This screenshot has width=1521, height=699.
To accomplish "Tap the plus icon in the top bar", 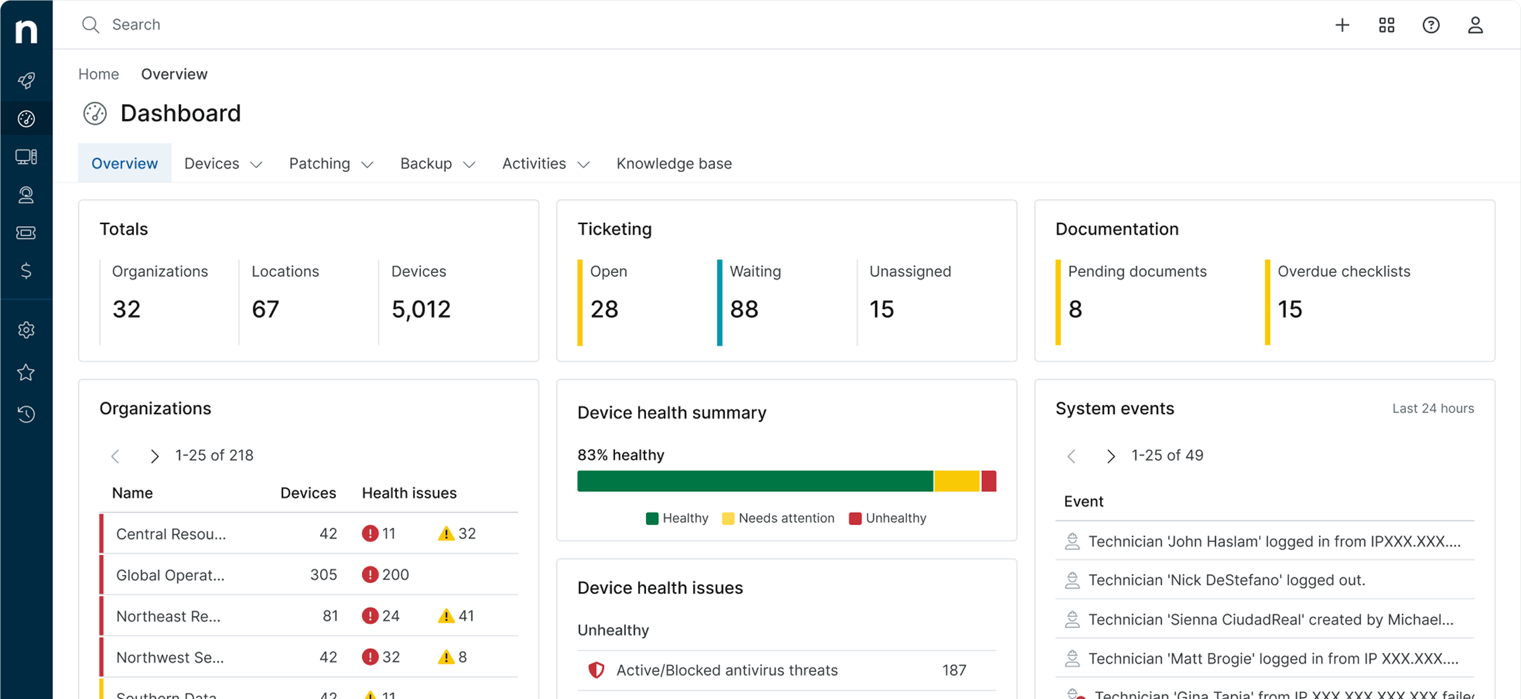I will point(1342,25).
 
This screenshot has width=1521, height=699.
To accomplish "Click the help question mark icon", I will point(1431,25).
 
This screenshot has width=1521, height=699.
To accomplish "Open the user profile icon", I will point(1475,25).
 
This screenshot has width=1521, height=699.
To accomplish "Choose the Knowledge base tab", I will point(673,164).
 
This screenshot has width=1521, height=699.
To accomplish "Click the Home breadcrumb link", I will point(98,74).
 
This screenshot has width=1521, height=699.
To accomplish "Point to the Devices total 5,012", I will point(421,309).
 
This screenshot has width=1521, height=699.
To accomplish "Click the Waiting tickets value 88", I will point(744,309).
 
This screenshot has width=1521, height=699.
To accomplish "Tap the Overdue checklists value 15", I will point(1289,309).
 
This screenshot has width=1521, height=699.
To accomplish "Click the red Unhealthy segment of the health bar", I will point(989,482).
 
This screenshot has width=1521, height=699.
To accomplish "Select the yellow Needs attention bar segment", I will point(957,482).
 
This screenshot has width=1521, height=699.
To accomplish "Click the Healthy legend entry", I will point(677,518).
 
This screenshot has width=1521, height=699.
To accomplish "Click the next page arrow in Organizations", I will point(155,456).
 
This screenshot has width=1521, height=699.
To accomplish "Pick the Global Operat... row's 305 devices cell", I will point(323,575).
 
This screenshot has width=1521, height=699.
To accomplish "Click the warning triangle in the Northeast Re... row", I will point(446,616).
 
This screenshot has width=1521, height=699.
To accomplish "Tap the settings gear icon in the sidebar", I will point(26,330).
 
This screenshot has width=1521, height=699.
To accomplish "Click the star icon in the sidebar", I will point(26,373).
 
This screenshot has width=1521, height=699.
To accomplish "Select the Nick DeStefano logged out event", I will point(1226,580).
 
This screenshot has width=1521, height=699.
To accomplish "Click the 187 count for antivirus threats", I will point(953,670).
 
